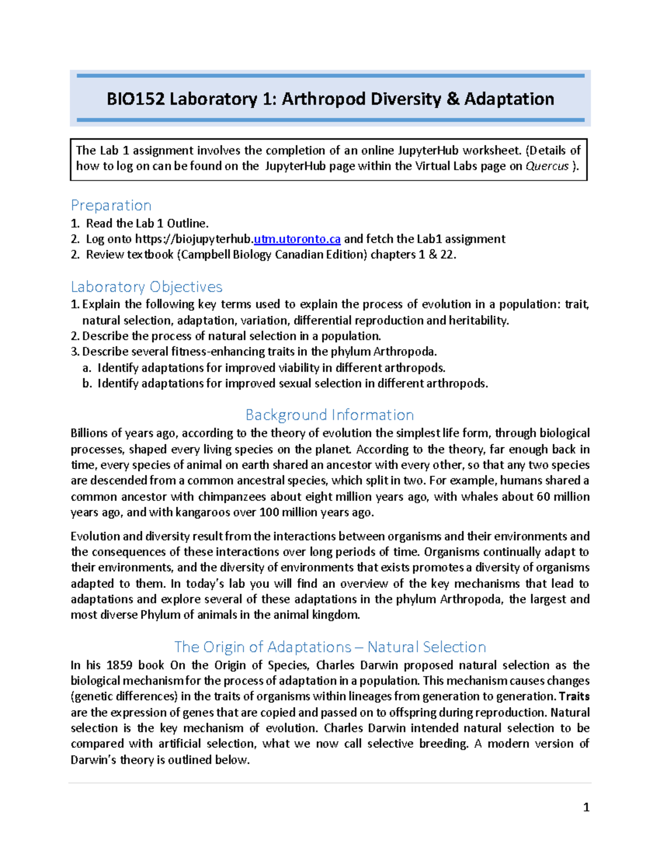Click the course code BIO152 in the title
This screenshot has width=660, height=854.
coord(136,99)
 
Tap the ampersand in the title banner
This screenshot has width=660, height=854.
coord(453,99)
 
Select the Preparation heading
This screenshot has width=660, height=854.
coord(111,205)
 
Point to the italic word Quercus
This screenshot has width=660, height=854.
coord(547,166)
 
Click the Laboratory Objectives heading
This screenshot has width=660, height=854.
coord(146,286)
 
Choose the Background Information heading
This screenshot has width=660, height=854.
coord(329,415)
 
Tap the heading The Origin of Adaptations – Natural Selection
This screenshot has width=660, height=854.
coord(330,647)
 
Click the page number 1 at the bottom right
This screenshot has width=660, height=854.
coord(586,807)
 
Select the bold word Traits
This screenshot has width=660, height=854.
coord(574,696)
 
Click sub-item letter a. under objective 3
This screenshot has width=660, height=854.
coord(86,368)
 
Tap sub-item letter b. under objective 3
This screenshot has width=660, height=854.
coord(86,383)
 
